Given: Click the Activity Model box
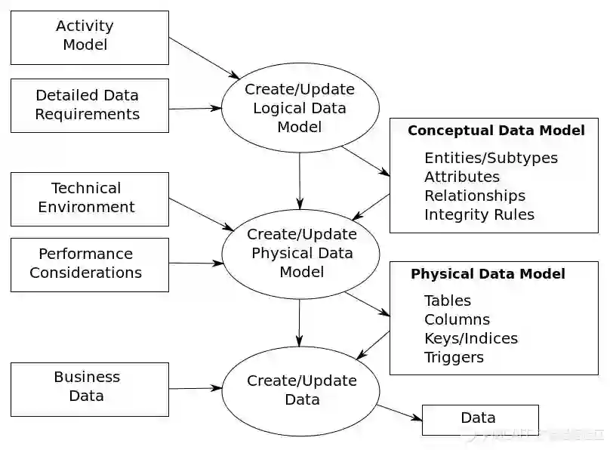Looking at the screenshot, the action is [89, 36].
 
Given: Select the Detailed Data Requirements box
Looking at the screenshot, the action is [89, 105].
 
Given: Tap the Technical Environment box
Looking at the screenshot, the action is [89, 198].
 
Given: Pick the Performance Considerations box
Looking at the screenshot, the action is [89, 264].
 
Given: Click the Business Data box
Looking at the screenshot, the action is [89, 387].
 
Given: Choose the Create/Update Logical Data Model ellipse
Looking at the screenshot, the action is [300, 108].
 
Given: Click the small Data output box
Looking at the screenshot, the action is [479, 419].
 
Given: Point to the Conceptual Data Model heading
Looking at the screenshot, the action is [496, 131].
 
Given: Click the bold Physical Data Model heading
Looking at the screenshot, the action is [488, 274].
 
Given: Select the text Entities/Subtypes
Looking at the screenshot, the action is [491, 158].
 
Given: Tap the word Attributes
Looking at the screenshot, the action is [462, 177].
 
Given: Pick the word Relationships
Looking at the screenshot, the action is [475, 196].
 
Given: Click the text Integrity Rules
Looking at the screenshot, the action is [479, 214].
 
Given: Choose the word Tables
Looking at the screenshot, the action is [448, 301].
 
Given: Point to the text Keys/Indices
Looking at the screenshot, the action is [471, 338].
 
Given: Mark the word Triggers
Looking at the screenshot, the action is [454, 357].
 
